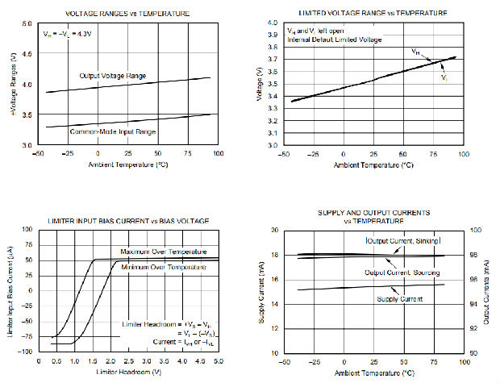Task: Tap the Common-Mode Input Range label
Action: point(123,131)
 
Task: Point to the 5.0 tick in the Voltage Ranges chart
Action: point(27,24)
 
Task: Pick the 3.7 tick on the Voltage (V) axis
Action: point(273,60)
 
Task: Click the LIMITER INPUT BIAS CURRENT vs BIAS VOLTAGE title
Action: point(129,220)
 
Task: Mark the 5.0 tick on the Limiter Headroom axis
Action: point(219,361)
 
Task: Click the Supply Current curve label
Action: point(398,299)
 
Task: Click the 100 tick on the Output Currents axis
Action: point(476,230)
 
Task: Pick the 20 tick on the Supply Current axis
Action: point(273,230)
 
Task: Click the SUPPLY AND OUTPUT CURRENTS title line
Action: point(374,212)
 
